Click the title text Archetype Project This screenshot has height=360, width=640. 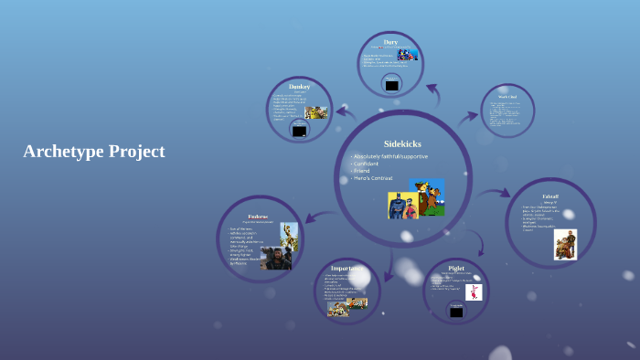(94, 152)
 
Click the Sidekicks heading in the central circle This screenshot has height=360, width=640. (402, 143)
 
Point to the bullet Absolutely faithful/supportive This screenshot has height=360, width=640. (391, 156)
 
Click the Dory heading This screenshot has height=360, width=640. (390, 42)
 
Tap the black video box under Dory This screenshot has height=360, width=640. (391, 85)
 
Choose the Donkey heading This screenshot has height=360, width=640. (299, 87)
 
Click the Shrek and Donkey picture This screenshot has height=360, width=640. (316, 112)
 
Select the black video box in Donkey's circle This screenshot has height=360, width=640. (299, 131)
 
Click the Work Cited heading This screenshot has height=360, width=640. (508, 96)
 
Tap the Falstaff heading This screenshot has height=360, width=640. (550, 196)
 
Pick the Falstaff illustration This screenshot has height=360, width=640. (565, 244)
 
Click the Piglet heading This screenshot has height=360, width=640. (456, 268)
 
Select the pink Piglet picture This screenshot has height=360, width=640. (473, 292)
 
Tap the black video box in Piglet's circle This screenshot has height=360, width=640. (455, 312)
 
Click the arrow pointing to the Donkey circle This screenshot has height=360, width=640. (345, 112)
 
